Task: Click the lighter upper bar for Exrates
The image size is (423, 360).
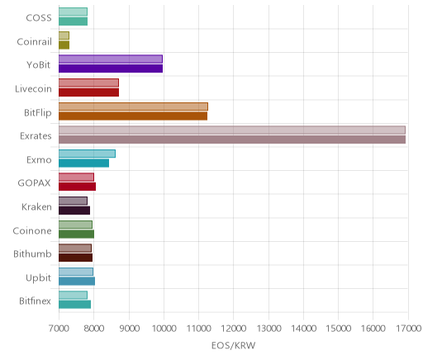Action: pyautogui.click(x=232, y=130)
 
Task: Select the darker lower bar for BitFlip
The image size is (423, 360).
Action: pyautogui.click(x=133, y=116)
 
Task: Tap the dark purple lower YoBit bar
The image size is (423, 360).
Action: pyautogui.click(x=111, y=69)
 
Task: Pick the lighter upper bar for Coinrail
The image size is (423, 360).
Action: pyautogui.click(x=64, y=36)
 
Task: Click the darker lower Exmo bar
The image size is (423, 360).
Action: pyautogui.click(x=83, y=163)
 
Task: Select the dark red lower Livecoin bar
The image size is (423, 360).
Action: pyautogui.click(x=88, y=92)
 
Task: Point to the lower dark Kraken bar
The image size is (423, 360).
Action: pyautogui.click(x=74, y=211)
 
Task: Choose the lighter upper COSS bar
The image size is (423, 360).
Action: pyautogui.click(x=73, y=12)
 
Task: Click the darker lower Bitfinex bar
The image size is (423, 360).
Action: pyautogui.click(x=74, y=305)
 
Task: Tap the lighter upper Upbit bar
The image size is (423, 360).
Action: pyautogui.click(x=76, y=272)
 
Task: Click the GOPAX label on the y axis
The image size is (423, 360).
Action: pyautogui.click(x=35, y=183)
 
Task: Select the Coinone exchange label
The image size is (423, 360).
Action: pyautogui.click(x=32, y=230)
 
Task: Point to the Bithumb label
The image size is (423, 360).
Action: pyautogui.click(x=32, y=253)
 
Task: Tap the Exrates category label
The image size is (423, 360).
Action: pyautogui.click(x=36, y=136)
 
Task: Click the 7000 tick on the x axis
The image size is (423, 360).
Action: pyautogui.click(x=59, y=329)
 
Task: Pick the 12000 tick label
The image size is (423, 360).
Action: pyautogui.click(x=234, y=329)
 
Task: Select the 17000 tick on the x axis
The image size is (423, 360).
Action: pyautogui.click(x=409, y=329)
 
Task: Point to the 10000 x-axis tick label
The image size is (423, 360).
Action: pyautogui.click(x=164, y=329)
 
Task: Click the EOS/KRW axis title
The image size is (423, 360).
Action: pyautogui.click(x=234, y=345)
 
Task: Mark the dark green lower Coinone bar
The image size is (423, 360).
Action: pyautogui.click(x=76, y=234)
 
